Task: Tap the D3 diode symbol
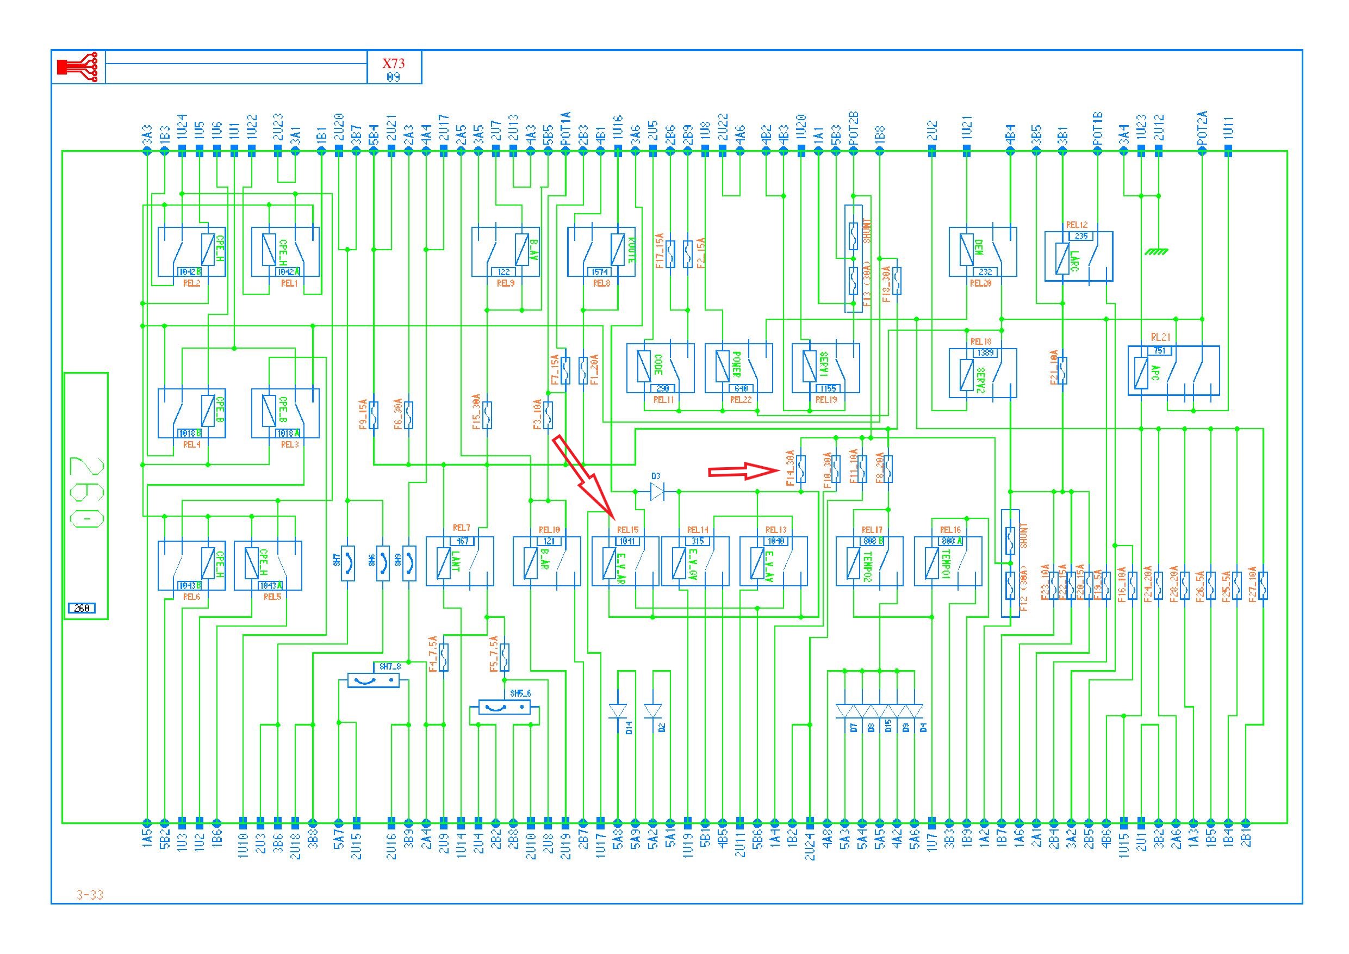[657, 491]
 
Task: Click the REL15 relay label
[627, 530]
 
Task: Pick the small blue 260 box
[82, 608]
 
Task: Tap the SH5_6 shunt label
[520, 693]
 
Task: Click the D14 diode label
[629, 729]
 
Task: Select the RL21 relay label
[1160, 337]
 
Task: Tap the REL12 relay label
[1077, 225]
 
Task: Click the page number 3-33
[90, 895]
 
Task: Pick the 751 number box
[1159, 351]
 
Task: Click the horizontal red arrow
[743, 470]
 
